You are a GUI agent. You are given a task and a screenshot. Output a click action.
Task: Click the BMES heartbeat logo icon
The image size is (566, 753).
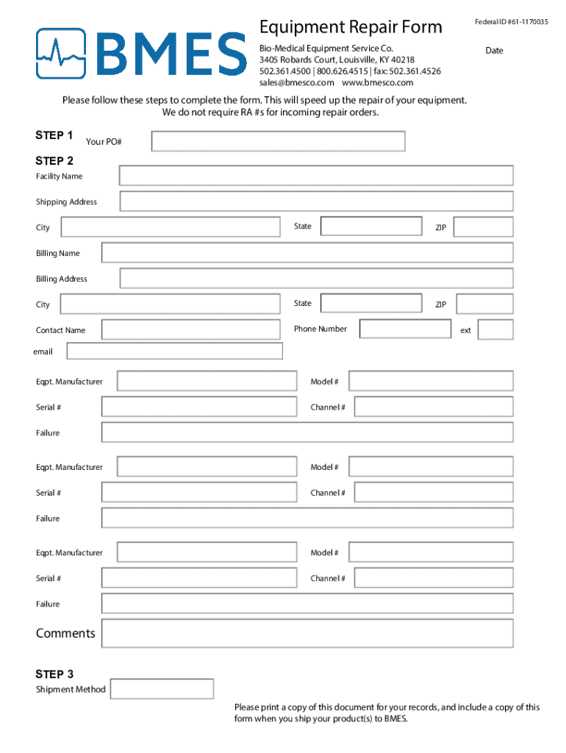(x=62, y=53)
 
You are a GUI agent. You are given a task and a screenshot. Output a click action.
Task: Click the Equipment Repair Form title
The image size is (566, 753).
(x=351, y=28)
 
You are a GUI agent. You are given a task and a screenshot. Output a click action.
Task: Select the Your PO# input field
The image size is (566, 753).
(x=278, y=141)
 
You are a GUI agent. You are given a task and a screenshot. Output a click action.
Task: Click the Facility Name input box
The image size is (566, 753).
(x=316, y=176)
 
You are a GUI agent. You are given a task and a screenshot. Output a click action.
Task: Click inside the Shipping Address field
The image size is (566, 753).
(x=316, y=201)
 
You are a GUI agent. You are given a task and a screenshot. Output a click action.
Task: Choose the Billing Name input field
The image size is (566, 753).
(x=307, y=253)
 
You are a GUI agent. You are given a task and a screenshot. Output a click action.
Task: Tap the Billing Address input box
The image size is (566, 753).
(x=316, y=278)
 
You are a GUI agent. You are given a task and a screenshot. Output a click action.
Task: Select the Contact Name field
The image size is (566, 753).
(x=191, y=329)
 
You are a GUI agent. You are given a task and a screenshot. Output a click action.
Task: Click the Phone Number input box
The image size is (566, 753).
(x=404, y=329)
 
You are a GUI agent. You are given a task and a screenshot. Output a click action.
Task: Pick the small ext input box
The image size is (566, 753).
(x=495, y=329)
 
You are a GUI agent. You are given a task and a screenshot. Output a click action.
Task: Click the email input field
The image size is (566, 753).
(x=174, y=351)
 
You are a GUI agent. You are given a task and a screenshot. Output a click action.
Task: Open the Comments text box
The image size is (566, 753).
(x=307, y=634)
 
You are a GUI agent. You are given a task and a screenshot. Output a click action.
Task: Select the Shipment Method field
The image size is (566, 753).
(x=162, y=689)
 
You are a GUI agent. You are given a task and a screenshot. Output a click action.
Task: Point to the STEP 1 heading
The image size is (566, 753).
(x=54, y=135)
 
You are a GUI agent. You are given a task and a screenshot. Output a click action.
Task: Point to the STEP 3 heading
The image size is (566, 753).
(x=54, y=674)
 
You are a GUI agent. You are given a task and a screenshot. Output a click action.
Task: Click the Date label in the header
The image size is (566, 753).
(x=494, y=51)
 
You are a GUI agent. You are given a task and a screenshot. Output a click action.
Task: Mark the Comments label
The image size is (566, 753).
(x=65, y=633)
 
